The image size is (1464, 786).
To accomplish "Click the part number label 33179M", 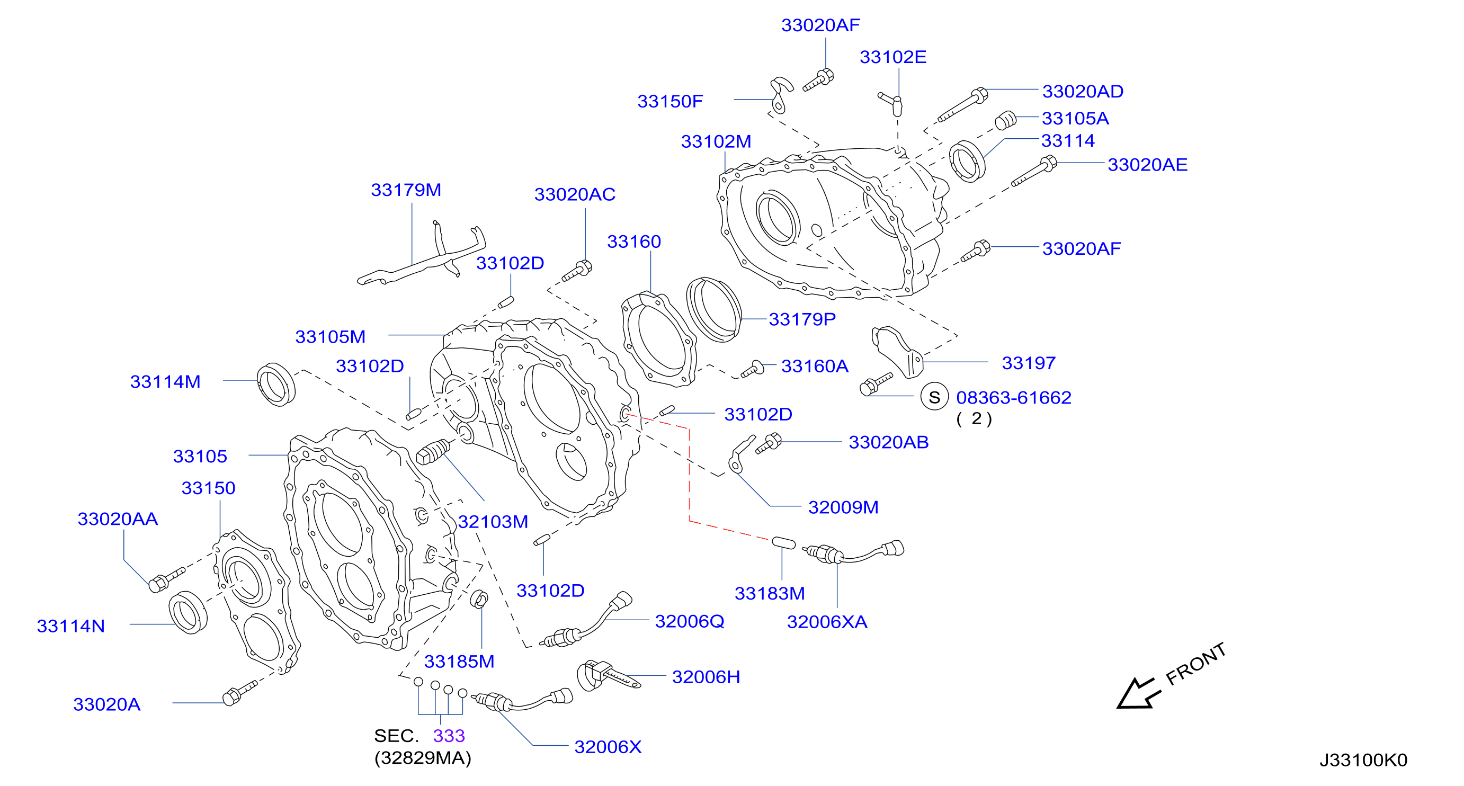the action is pyautogui.click(x=406, y=190).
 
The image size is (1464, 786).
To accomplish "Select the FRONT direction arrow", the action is pyautogui.click(x=1138, y=693).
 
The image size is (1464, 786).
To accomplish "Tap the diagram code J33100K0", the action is pyautogui.click(x=1363, y=760).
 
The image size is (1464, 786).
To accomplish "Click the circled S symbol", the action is pyautogui.click(x=934, y=397).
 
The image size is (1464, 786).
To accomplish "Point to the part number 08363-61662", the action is pyautogui.click(x=1013, y=397).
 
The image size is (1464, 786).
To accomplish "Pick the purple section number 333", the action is pyautogui.click(x=449, y=736).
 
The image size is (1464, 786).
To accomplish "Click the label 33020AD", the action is pyautogui.click(x=1083, y=92).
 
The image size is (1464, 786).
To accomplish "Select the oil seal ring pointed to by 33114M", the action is pyautogui.click(x=276, y=384).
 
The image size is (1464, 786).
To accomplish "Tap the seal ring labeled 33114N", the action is pyautogui.click(x=188, y=612).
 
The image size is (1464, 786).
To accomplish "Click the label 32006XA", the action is pyautogui.click(x=827, y=622).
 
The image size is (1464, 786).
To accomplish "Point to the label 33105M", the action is pyautogui.click(x=330, y=336).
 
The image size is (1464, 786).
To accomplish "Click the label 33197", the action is pyautogui.click(x=1029, y=363).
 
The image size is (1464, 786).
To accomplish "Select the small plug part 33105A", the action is pyautogui.click(x=1006, y=120).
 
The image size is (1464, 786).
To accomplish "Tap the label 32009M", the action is pyautogui.click(x=843, y=507).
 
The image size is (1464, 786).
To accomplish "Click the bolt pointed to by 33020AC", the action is pyautogui.click(x=577, y=271).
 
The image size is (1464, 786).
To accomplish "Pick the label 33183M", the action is pyautogui.click(x=770, y=593).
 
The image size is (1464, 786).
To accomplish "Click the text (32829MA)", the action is pyautogui.click(x=423, y=758).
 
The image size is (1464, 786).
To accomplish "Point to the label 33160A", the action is pyautogui.click(x=815, y=366).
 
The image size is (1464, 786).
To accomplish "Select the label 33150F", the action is pyautogui.click(x=670, y=101).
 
